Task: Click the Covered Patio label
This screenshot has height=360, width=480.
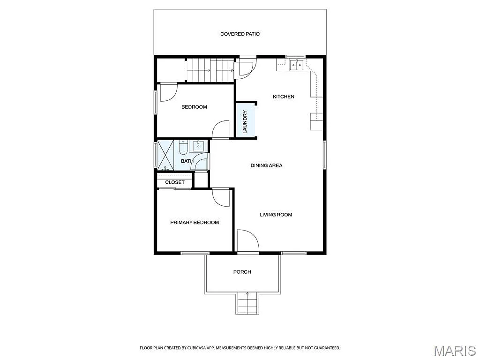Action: tap(240, 34)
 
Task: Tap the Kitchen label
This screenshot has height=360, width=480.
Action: tap(284, 97)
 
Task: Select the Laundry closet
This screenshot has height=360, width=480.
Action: tap(245, 121)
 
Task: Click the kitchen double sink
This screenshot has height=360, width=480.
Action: tap(296, 65)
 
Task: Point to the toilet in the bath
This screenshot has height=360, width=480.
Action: tap(183, 148)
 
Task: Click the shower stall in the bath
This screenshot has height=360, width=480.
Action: tap(166, 154)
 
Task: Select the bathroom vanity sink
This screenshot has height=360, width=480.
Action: tap(199, 145)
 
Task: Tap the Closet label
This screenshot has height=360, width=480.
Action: tap(174, 182)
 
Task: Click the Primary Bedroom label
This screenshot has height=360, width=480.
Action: tap(194, 223)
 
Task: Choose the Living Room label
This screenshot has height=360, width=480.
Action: tap(276, 215)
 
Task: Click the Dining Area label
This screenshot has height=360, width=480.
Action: tap(266, 165)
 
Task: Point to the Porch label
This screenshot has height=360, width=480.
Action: tap(242, 272)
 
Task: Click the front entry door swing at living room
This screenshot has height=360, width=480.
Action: tap(247, 242)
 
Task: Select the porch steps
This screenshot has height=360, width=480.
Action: tap(247, 304)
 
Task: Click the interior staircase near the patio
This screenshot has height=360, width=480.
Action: tap(210, 70)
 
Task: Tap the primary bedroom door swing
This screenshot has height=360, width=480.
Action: tap(221, 197)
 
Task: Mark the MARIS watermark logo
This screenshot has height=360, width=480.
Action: tap(455, 351)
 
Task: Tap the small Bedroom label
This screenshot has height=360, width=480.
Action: tap(194, 107)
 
